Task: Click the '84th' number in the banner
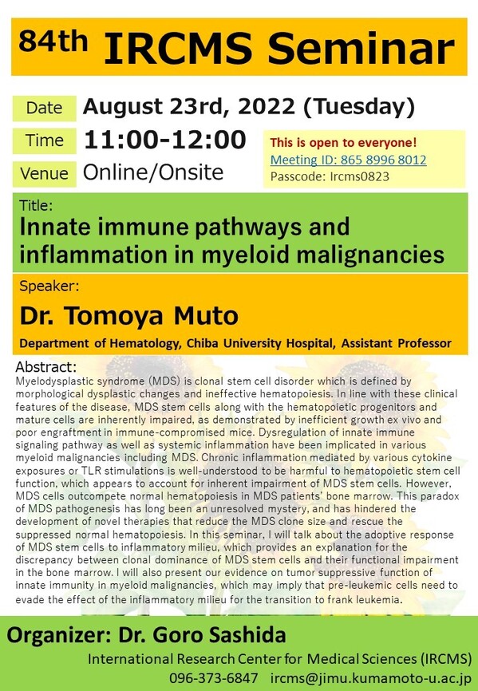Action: click(x=53, y=41)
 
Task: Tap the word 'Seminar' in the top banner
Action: click(x=361, y=48)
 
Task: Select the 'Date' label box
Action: click(x=44, y=108)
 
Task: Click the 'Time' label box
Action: click(x=44, y=140)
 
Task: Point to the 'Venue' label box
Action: click(x=44, y=174)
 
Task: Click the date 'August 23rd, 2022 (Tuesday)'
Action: click(x=249, y=107)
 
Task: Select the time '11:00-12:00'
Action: click(x=165, y=140)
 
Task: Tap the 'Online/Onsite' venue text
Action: click(x=153, y=172)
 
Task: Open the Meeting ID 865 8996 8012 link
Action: click(x=349, y=160)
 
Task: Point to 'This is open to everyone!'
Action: click(x=343, y=142)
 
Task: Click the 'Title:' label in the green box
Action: click(x=36, y=205)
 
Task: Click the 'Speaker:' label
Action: click(x=49, y=286)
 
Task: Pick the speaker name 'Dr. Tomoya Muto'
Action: click(x=129, y=315)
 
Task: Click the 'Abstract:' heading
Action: click(x=46, y=367)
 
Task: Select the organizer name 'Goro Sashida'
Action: click(x=219, y=635)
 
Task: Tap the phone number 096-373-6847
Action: click(x=214, y=677)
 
